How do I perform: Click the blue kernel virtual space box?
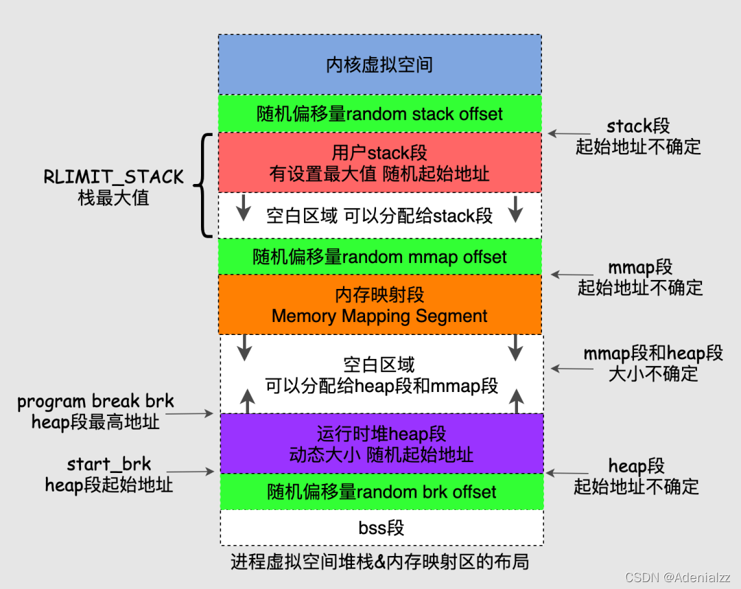pyautogui.click(x=379, y=65)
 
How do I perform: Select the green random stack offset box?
pyautogui.click(x=379, y=114)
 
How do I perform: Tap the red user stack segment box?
pyautogui.click(x=379, y=163)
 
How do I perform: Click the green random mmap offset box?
pyautogui.click(x=379, y=257)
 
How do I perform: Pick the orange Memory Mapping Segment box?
pyautogui.click(x=379, y=305)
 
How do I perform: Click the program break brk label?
pyautogui.click(x=95, y=411)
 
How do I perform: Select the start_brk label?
pyautogui.click(x=108, y=474)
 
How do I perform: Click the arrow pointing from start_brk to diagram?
pyautogui.click(x=191, y=472)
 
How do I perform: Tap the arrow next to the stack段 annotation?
pyautogui.click(x=569, y=134)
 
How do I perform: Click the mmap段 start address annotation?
pyautogui.click(x=640, y=277)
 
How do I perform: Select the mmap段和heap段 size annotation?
pyautogui.click(x=652, y=363)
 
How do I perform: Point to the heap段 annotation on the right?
pyautogui.click(x=636, y=476)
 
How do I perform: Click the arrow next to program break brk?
pyautogui.click(x=189, y=414)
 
